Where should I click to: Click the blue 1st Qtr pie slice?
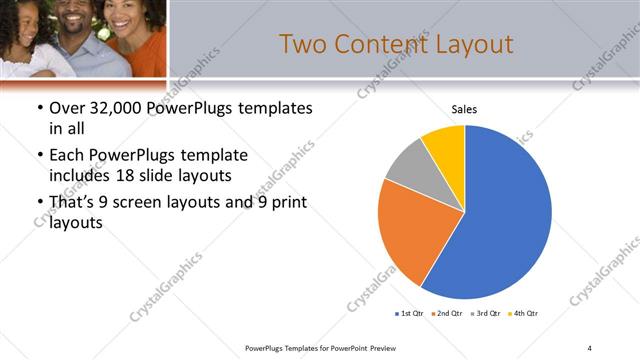505,215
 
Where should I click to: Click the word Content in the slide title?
376,45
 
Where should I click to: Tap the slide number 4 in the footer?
589,347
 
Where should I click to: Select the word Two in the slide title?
300,45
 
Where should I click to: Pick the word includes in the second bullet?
79,175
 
